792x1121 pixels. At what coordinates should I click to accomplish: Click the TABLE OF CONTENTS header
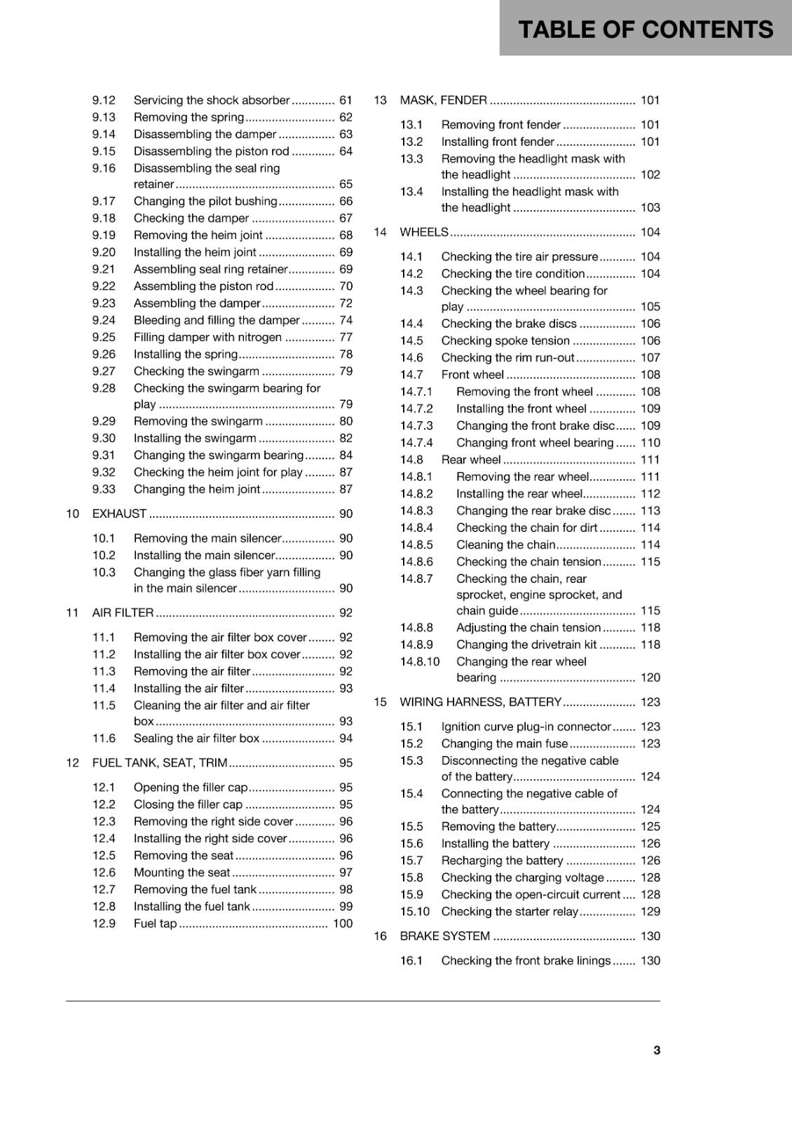pos(645,29)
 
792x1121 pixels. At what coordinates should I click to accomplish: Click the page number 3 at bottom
pos(656,1050)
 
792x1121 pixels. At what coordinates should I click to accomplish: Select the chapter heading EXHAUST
pos(119,514)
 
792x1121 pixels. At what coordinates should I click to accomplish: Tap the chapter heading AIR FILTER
pos(123,612)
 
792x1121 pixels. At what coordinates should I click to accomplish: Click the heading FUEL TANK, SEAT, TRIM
pos(160,762)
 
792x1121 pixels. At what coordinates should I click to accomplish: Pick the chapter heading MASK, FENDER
pos(443,100)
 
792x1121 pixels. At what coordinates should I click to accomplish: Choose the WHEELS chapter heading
pos(423,232)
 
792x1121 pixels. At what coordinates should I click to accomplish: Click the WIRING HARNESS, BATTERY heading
pos(480,702)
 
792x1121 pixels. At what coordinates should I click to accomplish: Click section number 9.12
pos(104,100)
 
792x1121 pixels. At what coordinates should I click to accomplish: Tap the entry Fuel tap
pos(155,923)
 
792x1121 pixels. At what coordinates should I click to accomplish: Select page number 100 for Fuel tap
pos(343,923)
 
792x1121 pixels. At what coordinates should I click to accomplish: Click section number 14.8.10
pos(420,661)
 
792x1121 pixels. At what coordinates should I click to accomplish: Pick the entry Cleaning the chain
pos(505,544)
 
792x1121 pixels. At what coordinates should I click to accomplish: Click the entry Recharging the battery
pos(502,860)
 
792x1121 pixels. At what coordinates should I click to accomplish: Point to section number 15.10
pos(415,912)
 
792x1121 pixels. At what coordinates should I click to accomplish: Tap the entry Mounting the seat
pos(182,872)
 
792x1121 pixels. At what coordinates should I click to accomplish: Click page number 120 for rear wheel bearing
pos(650,678)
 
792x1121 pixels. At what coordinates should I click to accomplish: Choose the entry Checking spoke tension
pos(505,341)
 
